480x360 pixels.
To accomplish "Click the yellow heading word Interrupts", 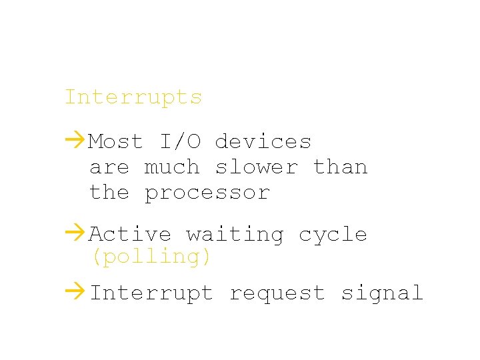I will point(133,97).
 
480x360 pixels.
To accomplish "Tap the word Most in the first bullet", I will point(116,141).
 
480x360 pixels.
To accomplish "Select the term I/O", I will point(179,141).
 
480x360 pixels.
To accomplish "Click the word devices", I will point(263,141).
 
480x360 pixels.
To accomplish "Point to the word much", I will point(171,167).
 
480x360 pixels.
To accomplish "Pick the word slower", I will point(256,167).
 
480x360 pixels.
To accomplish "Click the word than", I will point(340,167).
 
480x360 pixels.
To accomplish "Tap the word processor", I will point(207,193).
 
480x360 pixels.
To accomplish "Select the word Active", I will point(130,234).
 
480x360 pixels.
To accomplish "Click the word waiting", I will point(235,235).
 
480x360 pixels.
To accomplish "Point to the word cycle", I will point(333,235).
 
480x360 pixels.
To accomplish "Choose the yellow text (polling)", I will point(151,257).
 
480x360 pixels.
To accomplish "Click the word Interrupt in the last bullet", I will point(151,293).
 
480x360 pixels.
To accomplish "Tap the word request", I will point(277,293).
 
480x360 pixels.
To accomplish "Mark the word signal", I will point(381,293).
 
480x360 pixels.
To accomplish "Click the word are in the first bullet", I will point(109,168).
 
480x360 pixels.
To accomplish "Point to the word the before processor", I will point(109,193).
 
